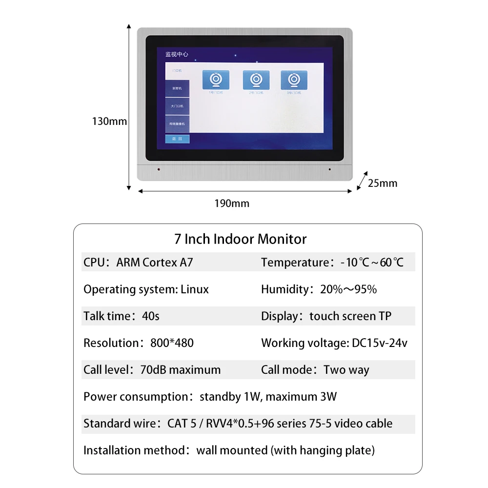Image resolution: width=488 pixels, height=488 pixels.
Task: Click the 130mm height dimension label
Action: pos(109,121)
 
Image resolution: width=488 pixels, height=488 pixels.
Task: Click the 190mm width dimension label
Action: pos(231,203)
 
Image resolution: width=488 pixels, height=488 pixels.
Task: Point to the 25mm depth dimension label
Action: pos(382,183)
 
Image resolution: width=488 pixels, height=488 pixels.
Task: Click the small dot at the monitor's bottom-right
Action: pos(329,169)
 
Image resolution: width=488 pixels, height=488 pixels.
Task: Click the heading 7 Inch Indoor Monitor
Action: pos(241,239)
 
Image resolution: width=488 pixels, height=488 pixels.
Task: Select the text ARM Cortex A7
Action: pos(155,263)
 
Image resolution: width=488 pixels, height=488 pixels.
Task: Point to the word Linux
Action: pos(195,289)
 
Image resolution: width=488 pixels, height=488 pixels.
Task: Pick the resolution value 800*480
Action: pos(172,343)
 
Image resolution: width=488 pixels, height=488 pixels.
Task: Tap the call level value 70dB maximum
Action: pos(180,370)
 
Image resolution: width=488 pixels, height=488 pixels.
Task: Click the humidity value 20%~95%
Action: pos(348,289)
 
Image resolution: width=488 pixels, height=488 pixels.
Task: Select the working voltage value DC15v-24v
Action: pos(379,343)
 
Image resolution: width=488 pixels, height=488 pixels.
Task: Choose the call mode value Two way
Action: pos(346,370)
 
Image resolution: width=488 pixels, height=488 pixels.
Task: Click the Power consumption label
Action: pos(136,397)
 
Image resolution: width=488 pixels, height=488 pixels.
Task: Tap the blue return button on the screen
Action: pos(177,140)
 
